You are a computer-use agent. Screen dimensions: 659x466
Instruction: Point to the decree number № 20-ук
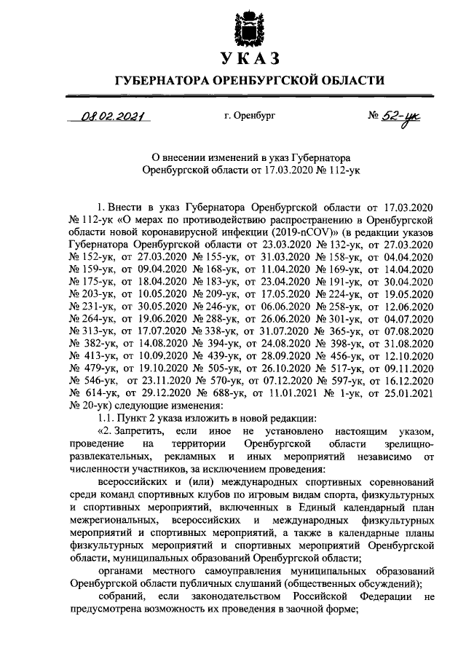point(92,404)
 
